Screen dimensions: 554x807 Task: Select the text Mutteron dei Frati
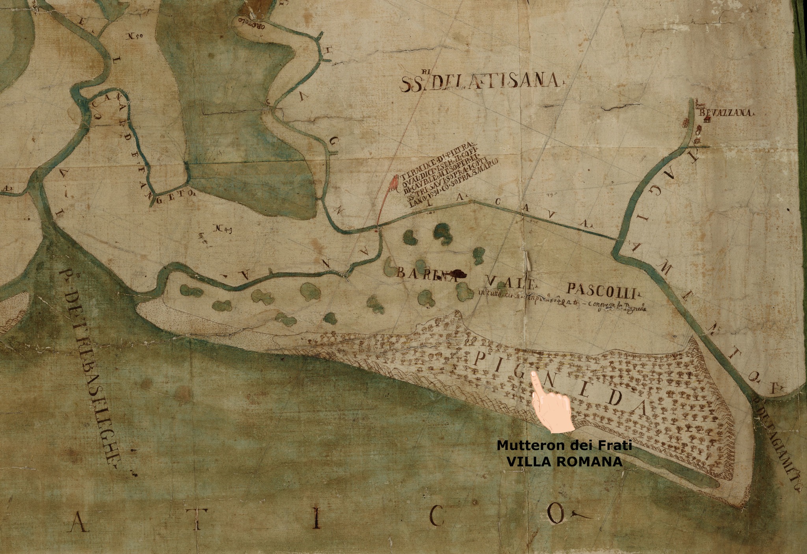[564, 446]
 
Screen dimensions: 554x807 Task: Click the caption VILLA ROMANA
[564, 462]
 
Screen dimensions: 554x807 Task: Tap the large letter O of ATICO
[557, 513]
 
